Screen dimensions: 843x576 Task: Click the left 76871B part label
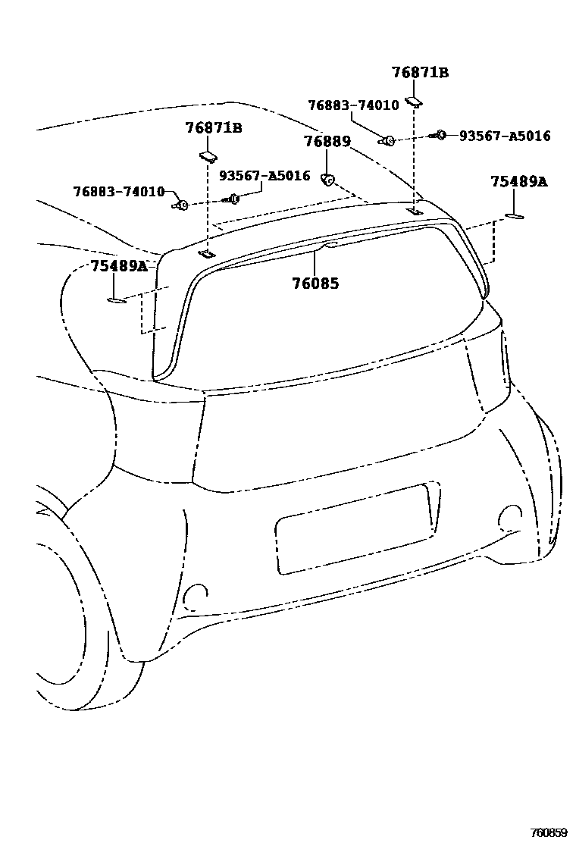pyautogui.click(x=214, y=128)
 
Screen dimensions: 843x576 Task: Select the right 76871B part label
pyautogui.click(x=420, y=73)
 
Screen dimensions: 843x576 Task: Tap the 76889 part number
pyautogui.click(x=327, y=142)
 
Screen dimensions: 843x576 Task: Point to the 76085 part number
pyautogui.click(x=315, y=284)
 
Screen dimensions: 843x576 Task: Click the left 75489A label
pyautogui.click(x=118, y=266)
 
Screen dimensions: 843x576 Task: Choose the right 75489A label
pyautogui.click(x=518, y=182)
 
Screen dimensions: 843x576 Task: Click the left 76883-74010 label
pyautogui.click(x=119, y=192)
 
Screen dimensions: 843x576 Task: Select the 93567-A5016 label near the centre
pyautogui.click(x=265, y=176)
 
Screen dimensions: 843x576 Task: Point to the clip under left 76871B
pyautogui.click(x=208, y=156)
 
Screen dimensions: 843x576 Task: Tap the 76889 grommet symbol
pyautogui.click(x=328, y=180)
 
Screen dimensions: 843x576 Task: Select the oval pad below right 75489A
pyautogui.click(x=515, y=217)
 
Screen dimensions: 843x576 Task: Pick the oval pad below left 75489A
pyautogui.click(x=117, y=301)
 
